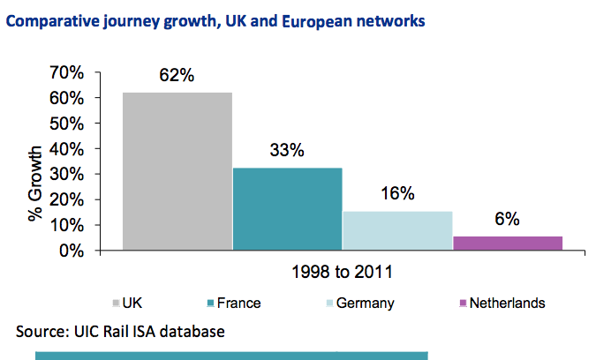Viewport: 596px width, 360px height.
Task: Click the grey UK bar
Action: (x=177, y=171)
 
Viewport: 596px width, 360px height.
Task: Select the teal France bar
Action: (x=287, y=209)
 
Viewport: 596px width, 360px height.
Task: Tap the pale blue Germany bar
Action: (x=397, y=230)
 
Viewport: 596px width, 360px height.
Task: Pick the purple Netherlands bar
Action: (x=508, y=243)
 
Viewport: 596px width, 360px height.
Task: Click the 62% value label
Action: (x=177, y=75)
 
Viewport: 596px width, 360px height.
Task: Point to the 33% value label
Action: (x=287, y=150)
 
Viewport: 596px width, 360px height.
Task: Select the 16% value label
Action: (x=397, y=193)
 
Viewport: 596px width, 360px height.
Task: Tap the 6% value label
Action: (x=507, y=219)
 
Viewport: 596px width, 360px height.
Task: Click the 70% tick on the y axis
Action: (x=66, y=72)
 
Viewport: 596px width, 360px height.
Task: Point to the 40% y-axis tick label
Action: (x=66, y=149)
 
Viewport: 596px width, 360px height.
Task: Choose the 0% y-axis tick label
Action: (x=72, y=251)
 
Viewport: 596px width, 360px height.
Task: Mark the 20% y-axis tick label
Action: (x=66, y=199)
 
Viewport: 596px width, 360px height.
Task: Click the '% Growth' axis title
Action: (x=35, y=184)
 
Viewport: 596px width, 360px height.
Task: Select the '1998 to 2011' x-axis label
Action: (x=342, y=272)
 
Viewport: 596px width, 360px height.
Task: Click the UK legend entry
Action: (x=127, y=303)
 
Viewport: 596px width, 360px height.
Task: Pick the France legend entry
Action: (x=234, y=303)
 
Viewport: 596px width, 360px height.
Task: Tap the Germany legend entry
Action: (x=360, y=304)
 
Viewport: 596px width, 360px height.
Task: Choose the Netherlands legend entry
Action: (x=502, y=303)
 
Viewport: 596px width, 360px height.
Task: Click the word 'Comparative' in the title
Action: (x=53, y=21)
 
